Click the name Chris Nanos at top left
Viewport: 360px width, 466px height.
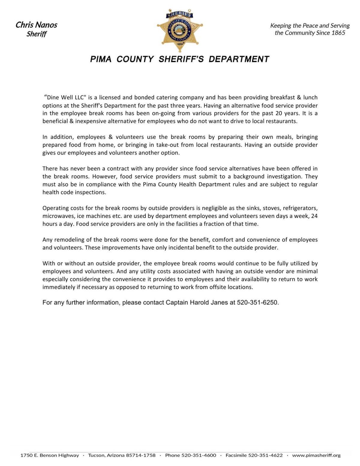point(36,25)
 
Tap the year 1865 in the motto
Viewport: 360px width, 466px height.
point(338,33)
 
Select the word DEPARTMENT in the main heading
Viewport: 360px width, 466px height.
point(239,59)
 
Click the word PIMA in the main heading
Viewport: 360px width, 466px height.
point(101,59)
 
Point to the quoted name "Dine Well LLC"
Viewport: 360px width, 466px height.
point(65,97)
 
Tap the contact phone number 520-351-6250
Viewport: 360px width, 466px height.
point(257,303)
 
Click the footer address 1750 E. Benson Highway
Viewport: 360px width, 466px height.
point(50,456)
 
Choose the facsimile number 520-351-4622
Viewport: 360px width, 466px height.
point(265,456)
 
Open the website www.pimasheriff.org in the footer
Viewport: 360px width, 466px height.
point(316,456)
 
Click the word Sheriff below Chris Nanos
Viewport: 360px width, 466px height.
point(36,34)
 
